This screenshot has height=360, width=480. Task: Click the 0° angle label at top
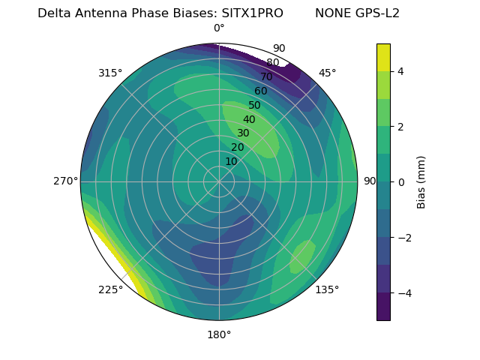219,28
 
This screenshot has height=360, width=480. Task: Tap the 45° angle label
327,73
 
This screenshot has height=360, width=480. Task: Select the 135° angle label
327,289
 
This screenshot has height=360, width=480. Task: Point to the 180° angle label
219,334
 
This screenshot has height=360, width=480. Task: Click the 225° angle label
110,289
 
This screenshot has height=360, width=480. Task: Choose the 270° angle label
65,181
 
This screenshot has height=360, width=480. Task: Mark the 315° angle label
110,73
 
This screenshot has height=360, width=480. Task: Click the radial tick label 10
231,161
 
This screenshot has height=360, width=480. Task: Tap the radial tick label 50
255,106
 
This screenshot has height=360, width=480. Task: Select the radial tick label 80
273,63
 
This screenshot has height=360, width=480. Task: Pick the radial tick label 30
243,133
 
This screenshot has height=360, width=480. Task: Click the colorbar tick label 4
401,71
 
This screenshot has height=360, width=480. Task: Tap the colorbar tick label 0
401,182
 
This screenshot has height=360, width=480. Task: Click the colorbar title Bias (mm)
421,181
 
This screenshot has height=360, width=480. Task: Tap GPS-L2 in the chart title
379,13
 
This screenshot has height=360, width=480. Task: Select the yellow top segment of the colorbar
383,57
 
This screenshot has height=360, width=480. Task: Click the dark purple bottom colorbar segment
383,307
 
